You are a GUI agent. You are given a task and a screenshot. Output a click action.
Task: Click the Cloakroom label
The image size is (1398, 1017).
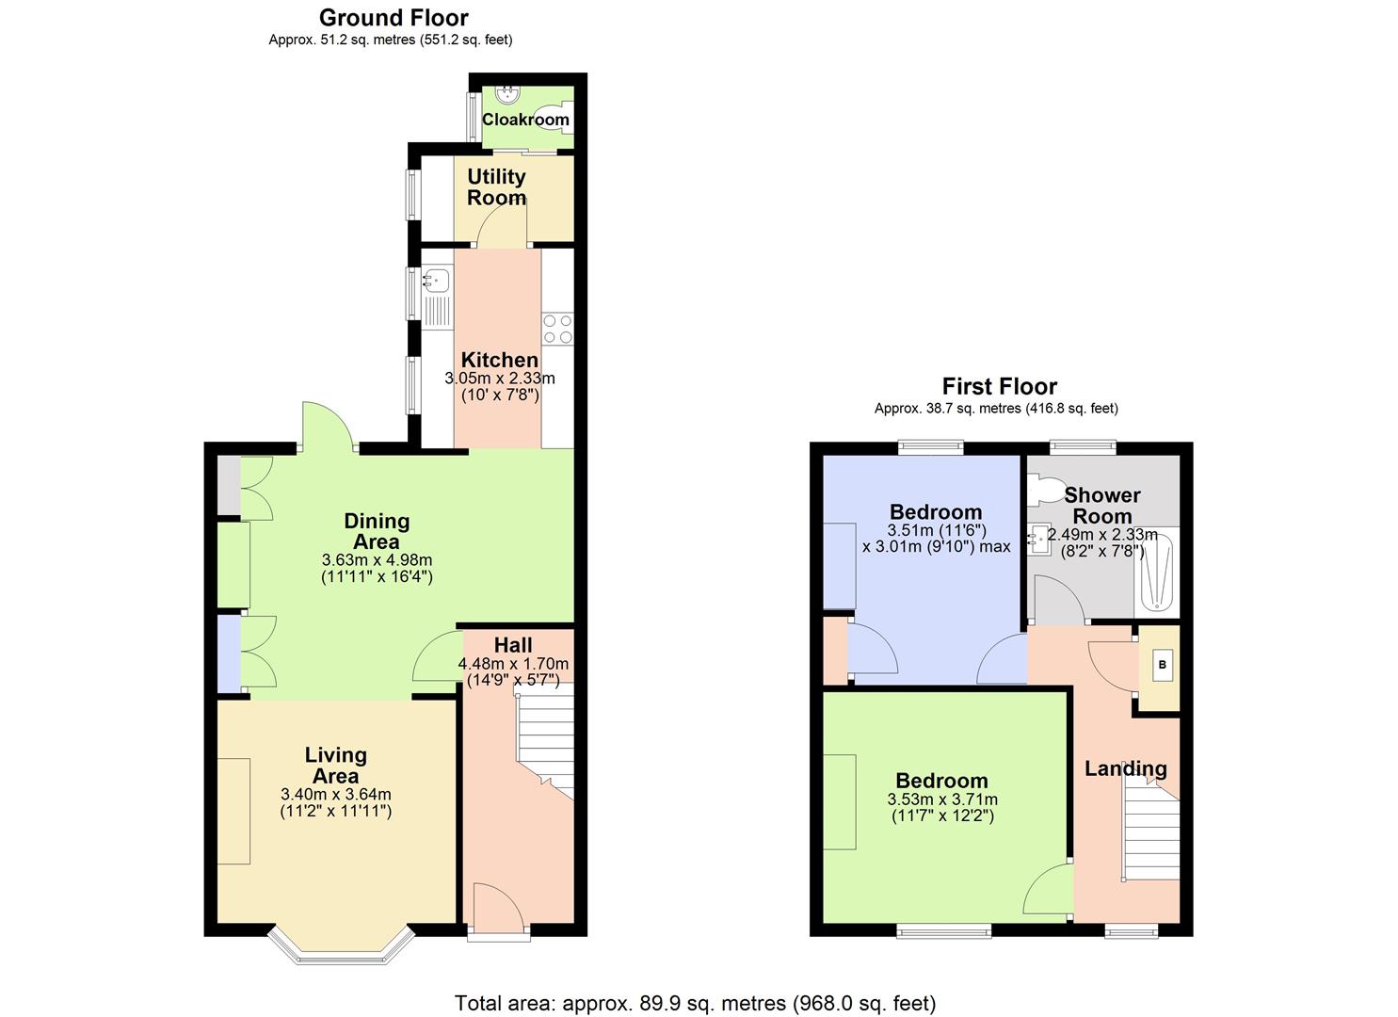(525, 120)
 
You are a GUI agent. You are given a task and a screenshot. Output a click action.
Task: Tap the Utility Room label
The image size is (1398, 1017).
(496, 187)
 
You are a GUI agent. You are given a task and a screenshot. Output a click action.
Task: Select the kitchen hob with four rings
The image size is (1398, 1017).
(557, 328)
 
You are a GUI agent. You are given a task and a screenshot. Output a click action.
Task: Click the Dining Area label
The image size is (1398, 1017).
(377, 531)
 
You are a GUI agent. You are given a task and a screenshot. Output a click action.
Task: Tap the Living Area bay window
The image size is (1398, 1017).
(342, 944)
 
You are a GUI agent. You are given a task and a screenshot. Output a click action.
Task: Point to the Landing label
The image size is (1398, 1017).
(1125, 768)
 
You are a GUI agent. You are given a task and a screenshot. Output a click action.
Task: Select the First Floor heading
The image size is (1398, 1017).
(999, 386)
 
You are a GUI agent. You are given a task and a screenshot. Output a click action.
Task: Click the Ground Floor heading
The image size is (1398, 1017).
(394, 17)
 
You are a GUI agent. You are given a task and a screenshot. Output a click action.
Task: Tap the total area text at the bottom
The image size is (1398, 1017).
(695, 1003)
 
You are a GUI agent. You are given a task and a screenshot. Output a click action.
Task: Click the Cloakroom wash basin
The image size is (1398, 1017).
(509, 93)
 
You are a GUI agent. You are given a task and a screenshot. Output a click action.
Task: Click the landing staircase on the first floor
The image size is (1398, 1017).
(1150, 833)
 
